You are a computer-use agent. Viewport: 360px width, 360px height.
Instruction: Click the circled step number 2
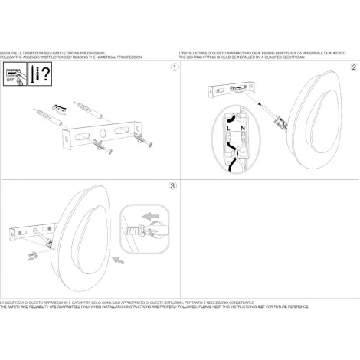pos(354,68)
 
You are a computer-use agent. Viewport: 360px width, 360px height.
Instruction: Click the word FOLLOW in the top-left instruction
pos(7,58)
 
